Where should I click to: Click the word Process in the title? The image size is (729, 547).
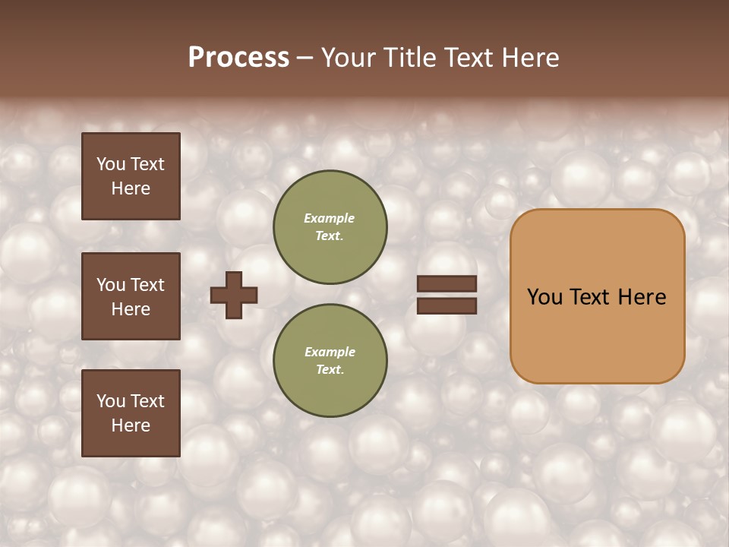(x=238, y=58)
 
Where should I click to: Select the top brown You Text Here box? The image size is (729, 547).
(x=131, y=176)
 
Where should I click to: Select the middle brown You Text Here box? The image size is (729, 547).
(x=131, y=296)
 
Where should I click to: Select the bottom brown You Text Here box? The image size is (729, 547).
(x=131, y=413)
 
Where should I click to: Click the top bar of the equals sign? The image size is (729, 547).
(x=447, y=284)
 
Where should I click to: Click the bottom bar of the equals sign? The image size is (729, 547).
(x=447, y=306)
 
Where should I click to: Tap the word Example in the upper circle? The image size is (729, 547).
(x=330, y=219)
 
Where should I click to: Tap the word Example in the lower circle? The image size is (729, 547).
(x=330, y=352)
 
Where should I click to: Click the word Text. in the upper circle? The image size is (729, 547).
(x=330, y=236)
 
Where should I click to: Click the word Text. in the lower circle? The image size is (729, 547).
(x=330, y=370)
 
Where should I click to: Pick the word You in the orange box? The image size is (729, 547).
(x=544, y=297)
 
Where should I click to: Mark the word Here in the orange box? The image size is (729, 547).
(x=642, y=297)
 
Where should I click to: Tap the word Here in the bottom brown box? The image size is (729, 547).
(x=131, y=425)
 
